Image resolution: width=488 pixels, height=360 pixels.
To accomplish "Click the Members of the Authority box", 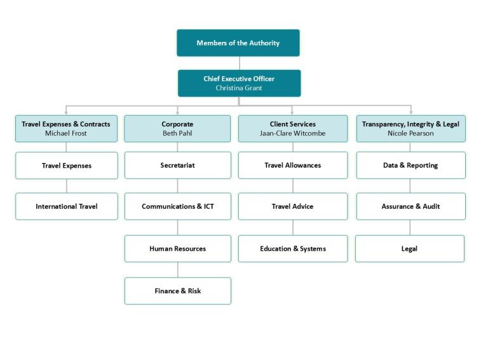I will [238, 43].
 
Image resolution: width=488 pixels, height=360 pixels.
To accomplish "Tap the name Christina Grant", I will [239, 88].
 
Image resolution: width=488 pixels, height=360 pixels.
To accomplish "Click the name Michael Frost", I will [66, 133].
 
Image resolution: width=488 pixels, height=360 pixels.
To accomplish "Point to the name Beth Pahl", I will [177, 133].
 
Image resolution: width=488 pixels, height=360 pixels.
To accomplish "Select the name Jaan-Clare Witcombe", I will [293, 133].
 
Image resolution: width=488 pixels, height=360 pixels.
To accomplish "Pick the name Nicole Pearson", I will [410, 133].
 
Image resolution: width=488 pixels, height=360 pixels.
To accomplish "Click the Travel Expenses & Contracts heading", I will [66, 124].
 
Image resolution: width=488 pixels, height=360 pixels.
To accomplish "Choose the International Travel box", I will [67, 206].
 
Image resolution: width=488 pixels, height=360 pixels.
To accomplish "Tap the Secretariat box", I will [177, 165].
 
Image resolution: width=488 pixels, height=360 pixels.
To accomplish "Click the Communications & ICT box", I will [177, 206].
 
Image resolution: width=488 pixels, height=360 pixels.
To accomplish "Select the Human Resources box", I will [177, 249].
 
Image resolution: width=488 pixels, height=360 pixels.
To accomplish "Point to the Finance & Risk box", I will [177, 291].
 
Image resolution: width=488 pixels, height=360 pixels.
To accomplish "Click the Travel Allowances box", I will [293, 165].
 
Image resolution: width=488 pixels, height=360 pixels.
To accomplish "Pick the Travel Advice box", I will [293, 206].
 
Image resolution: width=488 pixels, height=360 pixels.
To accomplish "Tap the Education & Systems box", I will [293, 249].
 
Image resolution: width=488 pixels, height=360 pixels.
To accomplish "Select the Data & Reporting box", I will [410, 165].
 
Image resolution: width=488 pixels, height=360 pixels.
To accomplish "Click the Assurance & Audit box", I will [410, 206].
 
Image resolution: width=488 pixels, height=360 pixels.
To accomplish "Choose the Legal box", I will [410, 249].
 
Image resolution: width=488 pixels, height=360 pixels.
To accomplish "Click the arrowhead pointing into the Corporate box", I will [177, 112].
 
